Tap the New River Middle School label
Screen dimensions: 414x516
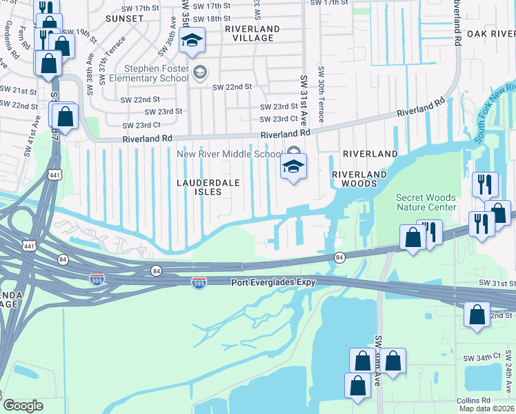(x=230, y=154)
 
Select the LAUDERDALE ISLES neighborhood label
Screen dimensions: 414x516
(x=208, y=187)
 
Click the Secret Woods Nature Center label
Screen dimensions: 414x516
(x=426, y=202)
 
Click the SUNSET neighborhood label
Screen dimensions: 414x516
(x=124, y=19)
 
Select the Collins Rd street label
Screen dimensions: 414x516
(x=473, y=400)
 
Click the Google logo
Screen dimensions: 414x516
(x=23, y=406)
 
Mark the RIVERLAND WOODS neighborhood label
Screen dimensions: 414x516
(x=355, y=179)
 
